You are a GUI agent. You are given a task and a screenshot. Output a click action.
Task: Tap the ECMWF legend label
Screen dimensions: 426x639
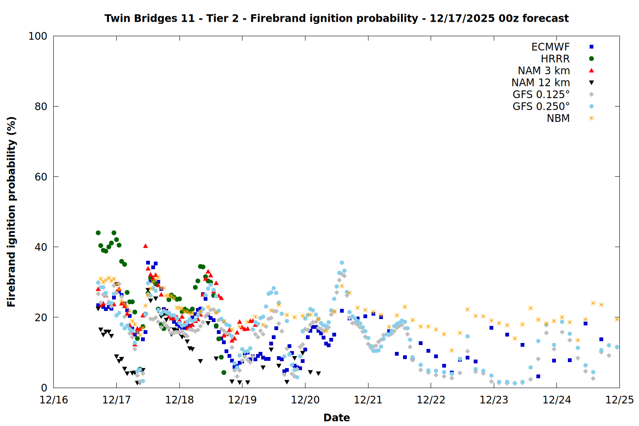(550, 47)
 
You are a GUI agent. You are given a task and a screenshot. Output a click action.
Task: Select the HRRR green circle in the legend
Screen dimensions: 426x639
(591, 59)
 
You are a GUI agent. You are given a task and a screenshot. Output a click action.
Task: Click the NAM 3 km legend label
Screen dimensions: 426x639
(544, 71)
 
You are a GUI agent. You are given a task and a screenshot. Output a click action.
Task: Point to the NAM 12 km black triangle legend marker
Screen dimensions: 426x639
(591, 83)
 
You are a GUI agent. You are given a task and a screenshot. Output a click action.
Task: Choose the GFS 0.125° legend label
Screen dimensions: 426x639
(541, 95)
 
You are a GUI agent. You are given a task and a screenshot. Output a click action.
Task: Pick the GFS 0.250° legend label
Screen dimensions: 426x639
(541, 106)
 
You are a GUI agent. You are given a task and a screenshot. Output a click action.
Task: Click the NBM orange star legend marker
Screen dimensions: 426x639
(591, 118)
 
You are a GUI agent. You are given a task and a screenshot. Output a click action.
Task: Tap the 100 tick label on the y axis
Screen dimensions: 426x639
(38, 36)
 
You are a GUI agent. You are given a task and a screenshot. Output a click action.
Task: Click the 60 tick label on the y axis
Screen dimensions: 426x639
(41, 177)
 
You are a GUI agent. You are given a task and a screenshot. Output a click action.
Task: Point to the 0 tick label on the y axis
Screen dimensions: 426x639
(44, 388)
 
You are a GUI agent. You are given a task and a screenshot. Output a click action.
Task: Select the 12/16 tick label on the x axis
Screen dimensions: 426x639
(54, 400)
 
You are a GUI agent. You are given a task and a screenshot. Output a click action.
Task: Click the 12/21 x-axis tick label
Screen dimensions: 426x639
(368, 400)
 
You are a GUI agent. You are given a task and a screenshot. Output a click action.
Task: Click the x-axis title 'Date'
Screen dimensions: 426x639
(337, 417)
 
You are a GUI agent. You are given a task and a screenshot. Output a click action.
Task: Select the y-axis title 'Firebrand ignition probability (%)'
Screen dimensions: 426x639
(12, 212)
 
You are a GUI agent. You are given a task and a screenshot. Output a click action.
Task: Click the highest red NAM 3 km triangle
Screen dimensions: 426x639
(145, 246)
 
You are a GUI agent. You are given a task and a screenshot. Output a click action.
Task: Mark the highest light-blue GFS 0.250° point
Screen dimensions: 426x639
(342, 263)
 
